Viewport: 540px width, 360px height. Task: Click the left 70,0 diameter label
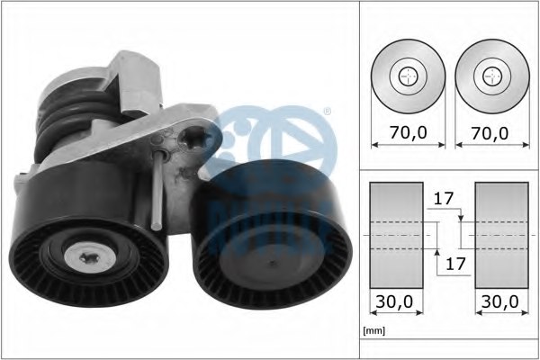coord(408,132)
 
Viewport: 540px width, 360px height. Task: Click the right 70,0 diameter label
coord(490,132)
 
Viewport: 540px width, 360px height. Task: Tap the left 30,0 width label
coord(394,301)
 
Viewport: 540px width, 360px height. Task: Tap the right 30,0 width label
coord(500,301)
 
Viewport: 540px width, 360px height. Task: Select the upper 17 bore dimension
coord(444,199)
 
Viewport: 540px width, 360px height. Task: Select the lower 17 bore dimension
coord(455,264)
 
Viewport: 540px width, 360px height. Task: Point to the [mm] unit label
coord(374,330)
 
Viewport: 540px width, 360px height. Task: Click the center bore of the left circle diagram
coord(408,76)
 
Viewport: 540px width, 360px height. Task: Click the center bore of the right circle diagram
coord(492,76)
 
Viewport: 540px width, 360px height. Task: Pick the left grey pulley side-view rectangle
coord(396,235)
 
